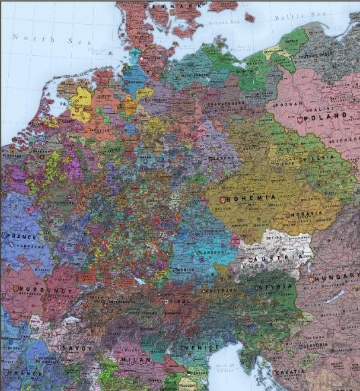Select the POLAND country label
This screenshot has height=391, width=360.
pyautogui.click(x=326, y=116)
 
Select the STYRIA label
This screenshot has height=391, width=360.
pyautogui.click(x=274, y=286)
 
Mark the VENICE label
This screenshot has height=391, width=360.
pyautogui.click(x=200, y=347)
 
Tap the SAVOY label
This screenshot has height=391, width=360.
pyautogui.click(x=72, y=349)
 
